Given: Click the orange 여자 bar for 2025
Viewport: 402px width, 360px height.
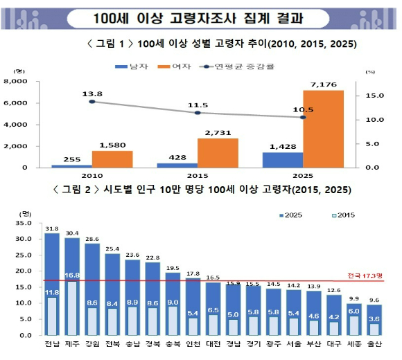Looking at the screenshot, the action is [x=323, y=129].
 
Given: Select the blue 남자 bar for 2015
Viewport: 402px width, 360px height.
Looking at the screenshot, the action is [x=177, y=165].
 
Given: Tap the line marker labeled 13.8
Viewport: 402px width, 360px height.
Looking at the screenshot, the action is [x=92, y=102].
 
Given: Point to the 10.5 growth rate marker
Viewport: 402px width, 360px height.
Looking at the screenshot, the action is [x=303, y=117].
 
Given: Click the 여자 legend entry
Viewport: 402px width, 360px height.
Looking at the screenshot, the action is [x=175, y=66].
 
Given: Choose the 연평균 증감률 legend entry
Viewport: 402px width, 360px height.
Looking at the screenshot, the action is [x=237, y=66].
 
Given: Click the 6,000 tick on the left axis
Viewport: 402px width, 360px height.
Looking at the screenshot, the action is [x=15, y=103].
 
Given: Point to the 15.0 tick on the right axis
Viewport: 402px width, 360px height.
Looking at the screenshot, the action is [x=374, y=96].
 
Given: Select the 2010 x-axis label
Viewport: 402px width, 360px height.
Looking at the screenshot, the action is [x=92, y=176].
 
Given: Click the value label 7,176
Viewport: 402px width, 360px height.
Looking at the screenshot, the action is [x=324, y=84].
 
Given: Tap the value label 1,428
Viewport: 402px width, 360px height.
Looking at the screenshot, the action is [x=283, y=147].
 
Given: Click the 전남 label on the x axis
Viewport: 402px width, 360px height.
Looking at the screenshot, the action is [x=52, y=343].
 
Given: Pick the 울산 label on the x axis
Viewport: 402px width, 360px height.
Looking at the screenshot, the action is [x=374, y=343].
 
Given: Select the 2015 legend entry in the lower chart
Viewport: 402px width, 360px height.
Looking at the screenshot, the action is [x=344, y=215].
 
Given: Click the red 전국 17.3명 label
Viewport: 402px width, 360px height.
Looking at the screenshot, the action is [x=365, y=276].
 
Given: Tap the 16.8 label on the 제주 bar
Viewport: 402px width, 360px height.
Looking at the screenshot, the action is [x=72, y=276].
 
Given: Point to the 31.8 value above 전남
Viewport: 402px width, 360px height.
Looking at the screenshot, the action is [x=52, y=228].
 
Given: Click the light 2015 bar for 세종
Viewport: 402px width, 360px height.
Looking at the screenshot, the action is [x=354, y=325].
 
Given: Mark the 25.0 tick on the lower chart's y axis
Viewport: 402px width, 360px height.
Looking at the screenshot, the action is [x=24, y=255].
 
